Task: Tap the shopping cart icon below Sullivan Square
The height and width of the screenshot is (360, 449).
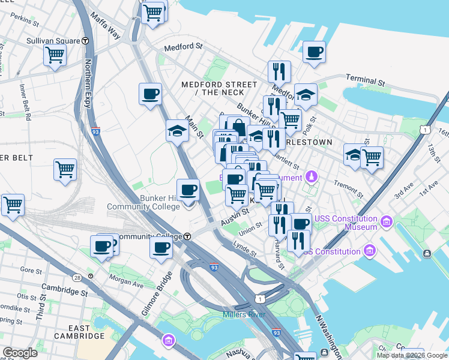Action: [55, 56]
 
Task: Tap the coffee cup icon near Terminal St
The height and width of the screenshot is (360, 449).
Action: [314, 52]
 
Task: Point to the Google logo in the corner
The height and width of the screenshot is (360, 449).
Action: [20, 353]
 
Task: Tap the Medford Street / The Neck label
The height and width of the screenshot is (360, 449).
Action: [212, 89]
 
